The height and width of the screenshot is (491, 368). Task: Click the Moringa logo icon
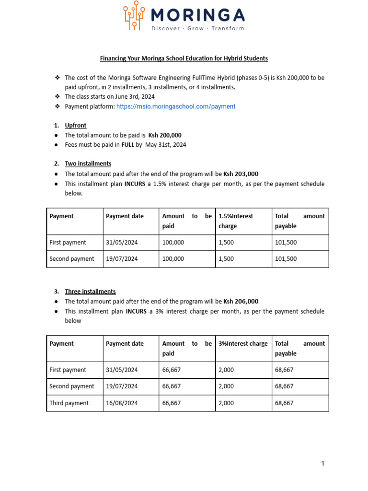pos(135,16)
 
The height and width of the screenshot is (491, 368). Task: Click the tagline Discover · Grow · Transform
pos(197,28)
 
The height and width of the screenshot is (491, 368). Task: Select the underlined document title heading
pos(184,58)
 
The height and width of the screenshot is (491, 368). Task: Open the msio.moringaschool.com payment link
pos(175,106)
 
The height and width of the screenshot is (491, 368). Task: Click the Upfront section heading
pos(75,126)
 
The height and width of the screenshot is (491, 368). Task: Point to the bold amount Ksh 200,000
pos(165,135)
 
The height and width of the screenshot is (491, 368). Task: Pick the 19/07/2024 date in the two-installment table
pos(122,259)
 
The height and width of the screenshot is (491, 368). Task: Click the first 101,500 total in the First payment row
pos(286,243)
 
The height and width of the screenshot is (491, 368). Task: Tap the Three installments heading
pos(90,292)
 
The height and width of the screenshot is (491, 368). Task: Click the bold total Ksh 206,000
pos(241,302)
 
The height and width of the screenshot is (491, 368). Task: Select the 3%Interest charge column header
pos(243,344)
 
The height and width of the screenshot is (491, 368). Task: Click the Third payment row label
pos(69,403)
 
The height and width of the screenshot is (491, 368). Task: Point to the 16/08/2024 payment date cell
pos(122,403)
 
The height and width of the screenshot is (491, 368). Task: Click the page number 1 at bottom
pos(323,463)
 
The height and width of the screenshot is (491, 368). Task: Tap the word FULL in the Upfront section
pos(127,145)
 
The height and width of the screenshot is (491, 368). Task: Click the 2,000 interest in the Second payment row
pos(226,386)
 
